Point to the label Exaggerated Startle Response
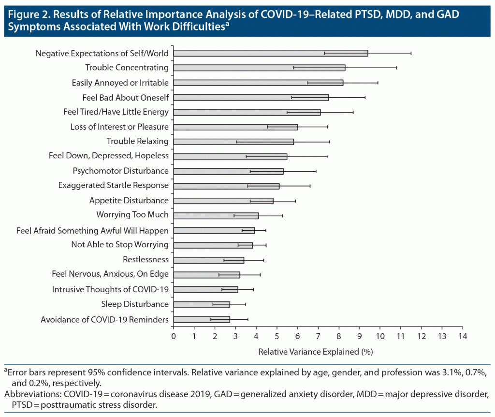(x=113, y=186)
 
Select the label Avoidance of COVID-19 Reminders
(x=104, y=319)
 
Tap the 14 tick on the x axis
(x=463, y=336)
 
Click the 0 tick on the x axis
(x=174, y=336)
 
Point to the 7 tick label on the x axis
(x=318, y=336)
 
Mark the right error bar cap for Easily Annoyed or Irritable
(x=378, y=83)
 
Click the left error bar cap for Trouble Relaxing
(x=236, y=142)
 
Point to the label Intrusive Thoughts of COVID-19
(x=110, y=290)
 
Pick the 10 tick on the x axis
(x=380, y=336)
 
